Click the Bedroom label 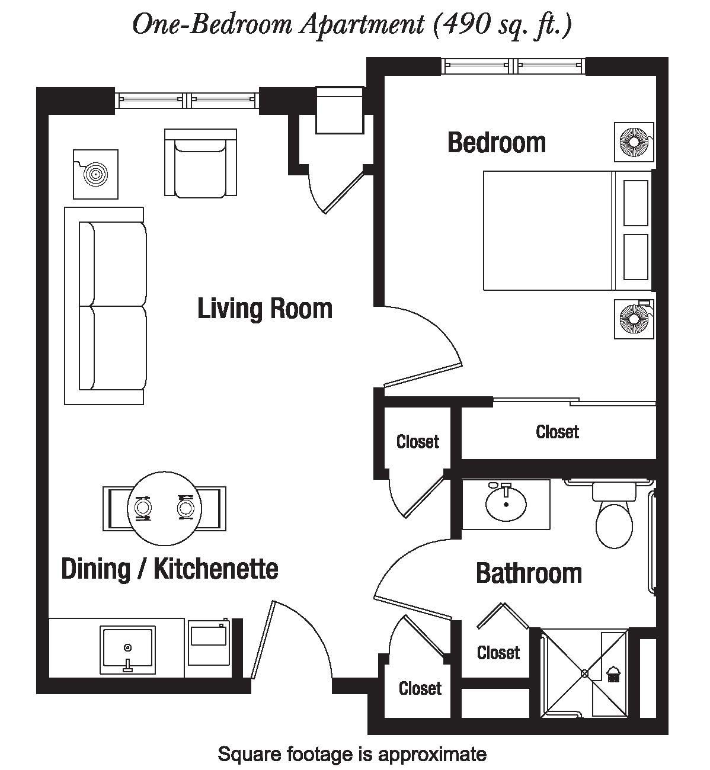(497, 143)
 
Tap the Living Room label (265, 309)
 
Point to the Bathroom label (529, 573)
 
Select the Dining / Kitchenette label (169, 569)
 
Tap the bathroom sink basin (506, 503)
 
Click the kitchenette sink (127, 650)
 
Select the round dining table (164, 508)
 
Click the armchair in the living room (200, 162)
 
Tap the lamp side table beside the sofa (95, 174)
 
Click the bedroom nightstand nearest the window (634, 142)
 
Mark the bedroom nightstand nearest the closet (634, 319)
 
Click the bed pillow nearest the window (636, 203)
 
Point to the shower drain (584, 673)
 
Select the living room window (187, 101)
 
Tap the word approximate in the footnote (432, 753)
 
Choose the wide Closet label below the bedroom (557, 432)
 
